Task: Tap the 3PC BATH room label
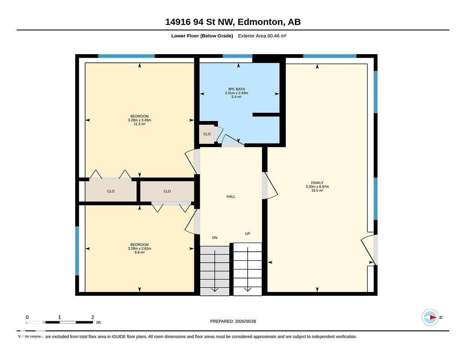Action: coord(236,89)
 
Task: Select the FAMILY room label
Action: coord(317,183)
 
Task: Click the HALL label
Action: coord(231,197)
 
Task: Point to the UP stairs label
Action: coord(248,233)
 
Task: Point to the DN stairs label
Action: coord(215,238)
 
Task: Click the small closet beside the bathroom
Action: coord(207,134)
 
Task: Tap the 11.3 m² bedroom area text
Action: coord(139,124)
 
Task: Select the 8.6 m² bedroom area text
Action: coord(139,253)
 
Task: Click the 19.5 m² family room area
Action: coord(317,191)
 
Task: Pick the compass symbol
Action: coord(430,317)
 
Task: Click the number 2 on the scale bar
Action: coord(93,317)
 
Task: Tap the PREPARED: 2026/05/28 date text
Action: coord(233,321)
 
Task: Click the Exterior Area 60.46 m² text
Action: coord(262,36)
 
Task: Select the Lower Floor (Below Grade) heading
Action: coord(202,36)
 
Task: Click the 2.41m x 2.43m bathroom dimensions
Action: coord(236,93)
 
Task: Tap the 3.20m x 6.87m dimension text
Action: coord(317,187)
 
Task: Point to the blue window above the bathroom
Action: coord(238,56)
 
